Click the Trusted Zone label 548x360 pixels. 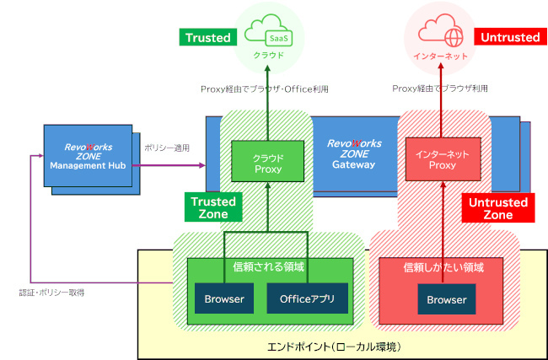[x=213, y=208]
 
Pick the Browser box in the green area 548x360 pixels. [x=224, y=298]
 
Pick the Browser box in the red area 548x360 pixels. [x=447, y=299]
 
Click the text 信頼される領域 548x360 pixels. [x=267, y=267]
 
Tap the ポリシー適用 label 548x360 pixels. [x=167, y=148]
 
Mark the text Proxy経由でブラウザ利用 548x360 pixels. [x=439, y=89]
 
